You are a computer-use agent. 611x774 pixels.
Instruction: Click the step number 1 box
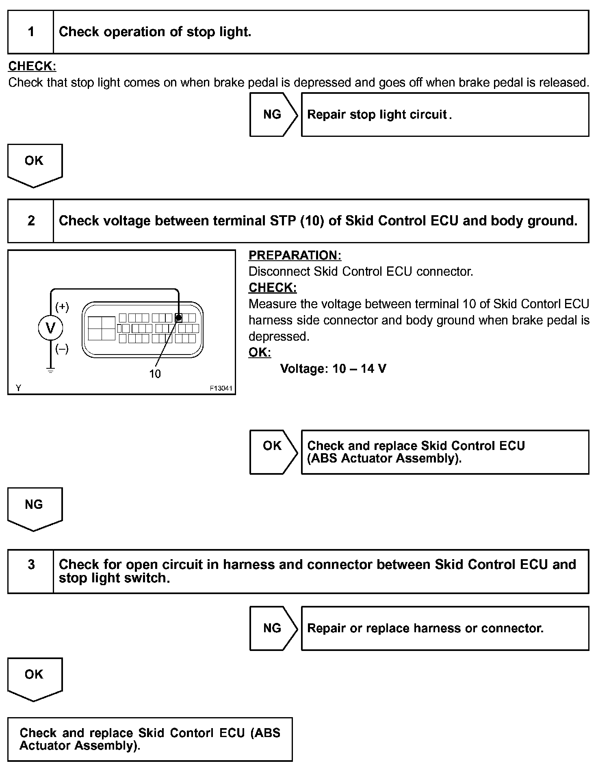31,32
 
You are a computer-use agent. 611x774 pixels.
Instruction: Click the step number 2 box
31,221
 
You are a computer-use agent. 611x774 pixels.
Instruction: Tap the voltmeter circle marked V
50,328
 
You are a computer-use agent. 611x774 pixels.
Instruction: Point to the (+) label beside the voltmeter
62,307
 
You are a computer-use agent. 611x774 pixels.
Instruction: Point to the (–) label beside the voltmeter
62,349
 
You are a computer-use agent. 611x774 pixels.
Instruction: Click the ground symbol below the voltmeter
50,370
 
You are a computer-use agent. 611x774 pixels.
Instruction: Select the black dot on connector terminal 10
178,318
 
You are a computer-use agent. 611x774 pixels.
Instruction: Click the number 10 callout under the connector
155,374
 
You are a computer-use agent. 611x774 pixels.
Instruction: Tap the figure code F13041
221,388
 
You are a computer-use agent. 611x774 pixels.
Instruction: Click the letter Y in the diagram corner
18,388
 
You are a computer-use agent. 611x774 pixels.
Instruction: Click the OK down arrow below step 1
35,164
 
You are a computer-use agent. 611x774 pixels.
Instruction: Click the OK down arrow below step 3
35,677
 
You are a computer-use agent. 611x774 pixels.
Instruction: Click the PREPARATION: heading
295,255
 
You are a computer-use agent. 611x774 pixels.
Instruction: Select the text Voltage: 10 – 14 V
333,369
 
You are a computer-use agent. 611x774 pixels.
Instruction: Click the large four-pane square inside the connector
102,328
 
